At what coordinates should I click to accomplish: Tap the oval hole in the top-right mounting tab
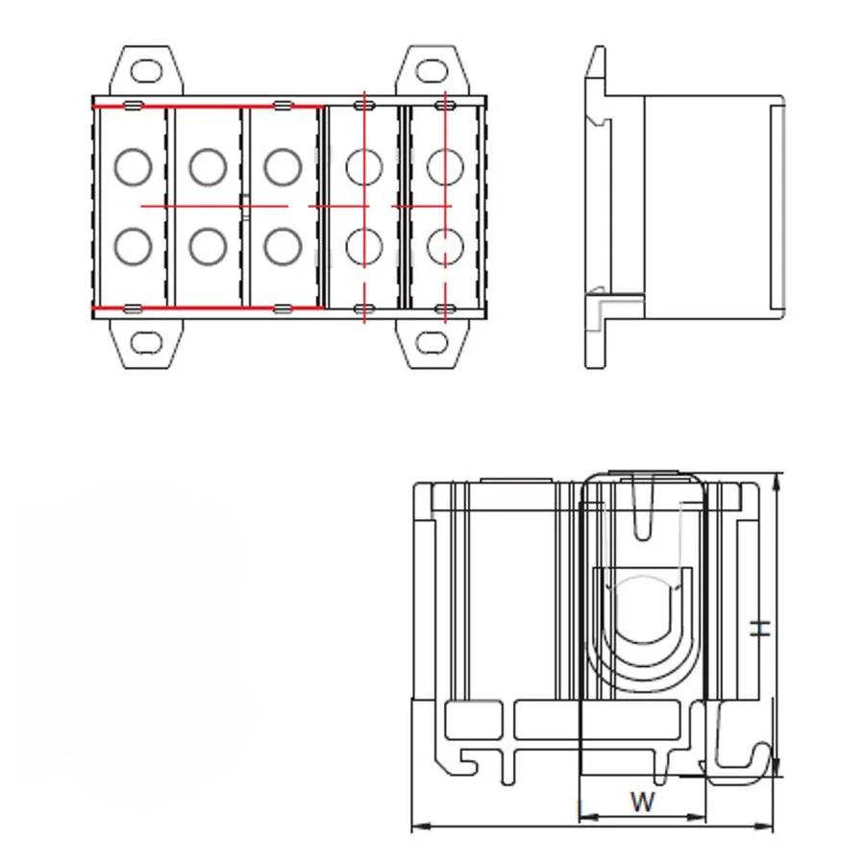pos(431,70)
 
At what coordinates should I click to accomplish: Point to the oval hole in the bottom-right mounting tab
pos(431,342)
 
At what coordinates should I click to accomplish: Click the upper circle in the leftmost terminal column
pos(133,167)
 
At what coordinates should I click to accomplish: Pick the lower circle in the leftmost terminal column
pos(133,247)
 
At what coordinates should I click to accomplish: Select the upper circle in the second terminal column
pos(208,167)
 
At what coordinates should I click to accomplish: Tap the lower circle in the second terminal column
pos(208,247)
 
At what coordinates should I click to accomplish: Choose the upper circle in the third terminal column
pos(283,167)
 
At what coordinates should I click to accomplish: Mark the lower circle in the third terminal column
pos(283,247)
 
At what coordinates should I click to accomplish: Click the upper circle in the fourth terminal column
pos(363,167)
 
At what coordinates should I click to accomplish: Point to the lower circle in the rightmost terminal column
pos(444,247)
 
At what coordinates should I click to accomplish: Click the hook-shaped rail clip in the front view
pos(745,754)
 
